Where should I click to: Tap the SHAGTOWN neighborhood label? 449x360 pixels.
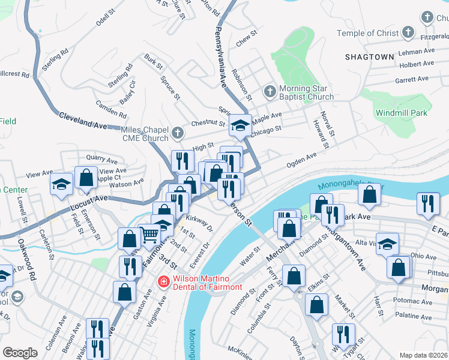point(369,57)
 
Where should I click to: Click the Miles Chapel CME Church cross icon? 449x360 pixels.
point(176,133)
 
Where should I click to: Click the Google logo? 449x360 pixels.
point(20,352)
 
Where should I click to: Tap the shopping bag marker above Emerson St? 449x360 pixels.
point(86,178)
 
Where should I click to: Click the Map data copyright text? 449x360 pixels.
point(423,355)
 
